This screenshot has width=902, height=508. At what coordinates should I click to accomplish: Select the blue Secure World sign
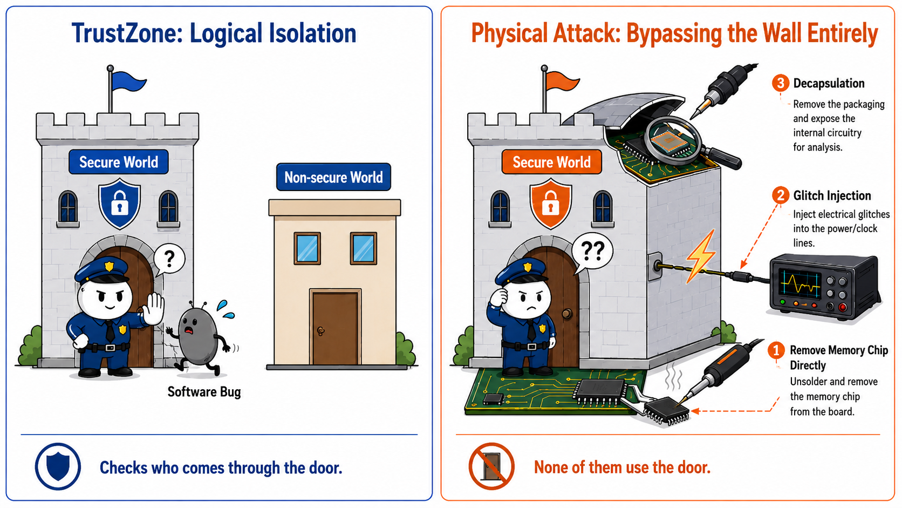coord(118,162)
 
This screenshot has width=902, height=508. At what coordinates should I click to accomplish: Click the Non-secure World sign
coord(333,177)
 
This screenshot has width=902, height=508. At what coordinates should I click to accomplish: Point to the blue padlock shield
coord(120,204)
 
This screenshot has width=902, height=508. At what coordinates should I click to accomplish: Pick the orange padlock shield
coord(550,204)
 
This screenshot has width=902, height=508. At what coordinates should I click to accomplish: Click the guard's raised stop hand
coord(153,309)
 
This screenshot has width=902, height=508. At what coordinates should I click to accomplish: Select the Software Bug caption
coord(204,391)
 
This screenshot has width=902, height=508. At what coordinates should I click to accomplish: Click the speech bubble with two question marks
coord(592,252)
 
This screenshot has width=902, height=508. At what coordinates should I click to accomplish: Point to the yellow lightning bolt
coord(701,256)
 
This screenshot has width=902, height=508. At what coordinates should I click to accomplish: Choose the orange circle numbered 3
coord(781,83)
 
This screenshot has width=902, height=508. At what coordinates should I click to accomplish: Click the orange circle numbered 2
coord(781,195)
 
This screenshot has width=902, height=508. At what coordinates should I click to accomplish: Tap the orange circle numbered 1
coord(776,350)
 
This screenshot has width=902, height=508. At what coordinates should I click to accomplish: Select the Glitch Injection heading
coord(832,195)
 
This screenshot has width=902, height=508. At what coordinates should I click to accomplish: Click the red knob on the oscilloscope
coord(842,307)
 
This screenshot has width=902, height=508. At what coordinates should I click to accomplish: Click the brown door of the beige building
coord(335,327)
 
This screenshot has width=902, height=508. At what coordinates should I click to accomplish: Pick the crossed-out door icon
coord(491,466)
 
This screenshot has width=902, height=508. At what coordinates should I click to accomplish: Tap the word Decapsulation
coord(829,83)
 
